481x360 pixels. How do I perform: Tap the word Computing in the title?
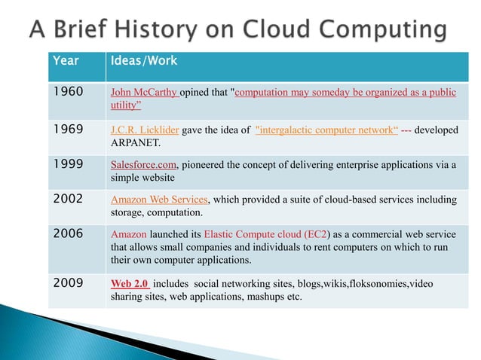click(376, 30)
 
